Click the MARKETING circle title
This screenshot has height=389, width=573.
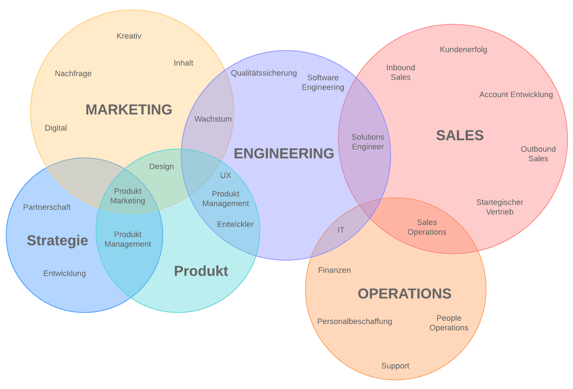click(129, 110)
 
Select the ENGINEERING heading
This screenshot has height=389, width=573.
click(284, 154)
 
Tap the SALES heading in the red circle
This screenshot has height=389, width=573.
click(460, 135)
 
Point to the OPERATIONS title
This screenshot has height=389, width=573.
click(404, 294)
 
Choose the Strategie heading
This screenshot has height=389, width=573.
click(58, 241)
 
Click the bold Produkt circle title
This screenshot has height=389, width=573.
click(201, 271)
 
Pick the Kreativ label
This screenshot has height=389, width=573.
click(129, 36)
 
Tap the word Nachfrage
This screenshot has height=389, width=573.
click(73, 74)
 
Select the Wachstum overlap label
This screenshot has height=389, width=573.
click(213, 119)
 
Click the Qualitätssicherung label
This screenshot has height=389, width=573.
click(264, 73)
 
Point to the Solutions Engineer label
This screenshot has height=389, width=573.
click(368, 142)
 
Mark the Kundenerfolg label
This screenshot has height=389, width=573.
click(463, 49)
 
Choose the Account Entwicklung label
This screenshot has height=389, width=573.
click(516, 95)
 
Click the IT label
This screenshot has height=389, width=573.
click(341, 230)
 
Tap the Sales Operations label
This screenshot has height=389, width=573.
click(427, 227)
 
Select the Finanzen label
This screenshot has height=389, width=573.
click(334, 270)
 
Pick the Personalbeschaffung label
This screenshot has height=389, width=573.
click(355, 321)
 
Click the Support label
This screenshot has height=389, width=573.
click(395, 366)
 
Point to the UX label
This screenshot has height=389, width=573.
click(225, 176)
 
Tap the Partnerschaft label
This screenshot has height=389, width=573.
click(47, 207)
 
